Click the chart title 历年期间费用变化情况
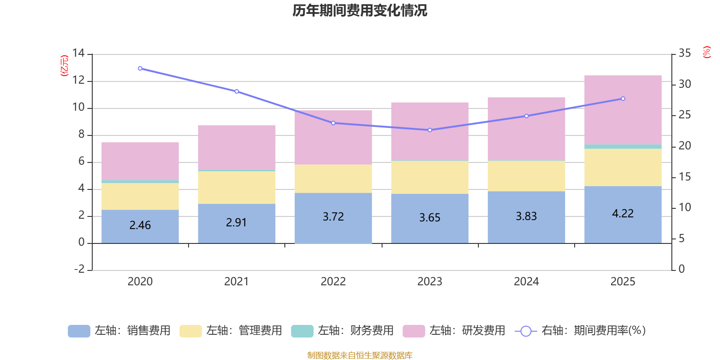(360, 10)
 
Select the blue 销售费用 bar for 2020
(140, 226)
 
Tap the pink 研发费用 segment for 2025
(623, 110)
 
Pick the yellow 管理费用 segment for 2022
(333, 179)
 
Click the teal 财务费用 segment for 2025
(623, 147)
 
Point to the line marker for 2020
(140, 68)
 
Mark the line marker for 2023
(430, 130)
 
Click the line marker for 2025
(623, 99)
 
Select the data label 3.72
(333, 217)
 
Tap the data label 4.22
(623, 214)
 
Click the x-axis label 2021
(236, 282)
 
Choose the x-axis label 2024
(526, 282)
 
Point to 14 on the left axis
(78, 54)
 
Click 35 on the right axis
(684, 54)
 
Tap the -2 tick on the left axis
(80, 269)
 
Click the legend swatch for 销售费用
(79, 331)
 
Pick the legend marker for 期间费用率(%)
(526, 331)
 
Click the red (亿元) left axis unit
(64, 66)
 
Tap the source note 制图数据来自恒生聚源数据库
(360, 355)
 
